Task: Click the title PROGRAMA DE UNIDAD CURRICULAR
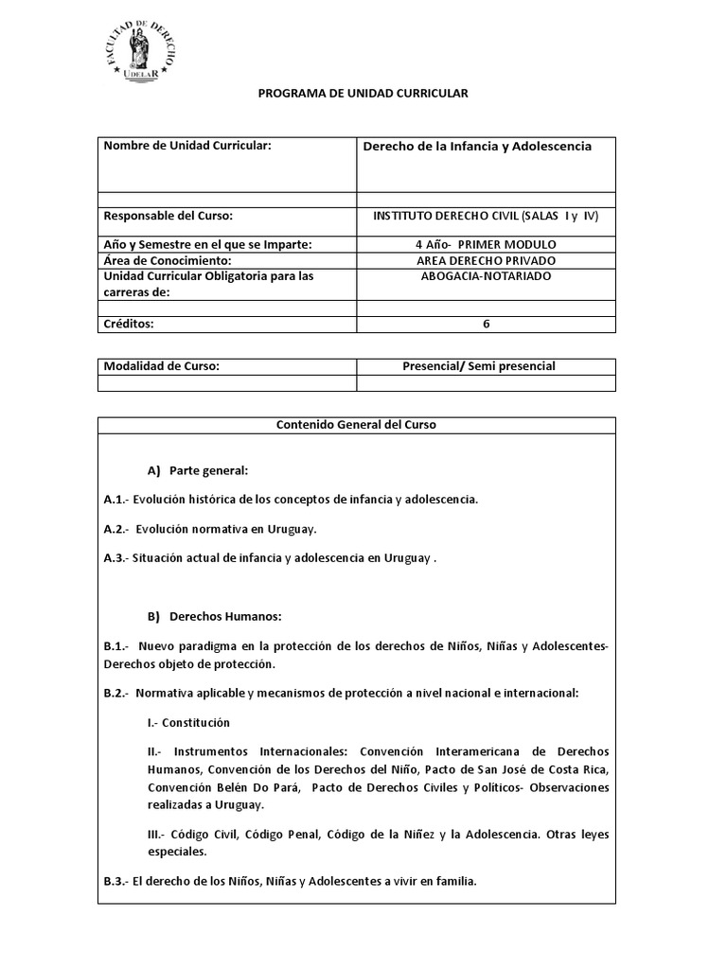point(363,94)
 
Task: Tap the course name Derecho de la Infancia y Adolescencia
point(478,146)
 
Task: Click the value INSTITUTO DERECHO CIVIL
point(486,216)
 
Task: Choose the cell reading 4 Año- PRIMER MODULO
point(486,244)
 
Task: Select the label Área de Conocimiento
point(168,260)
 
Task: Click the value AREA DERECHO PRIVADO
point(486,260)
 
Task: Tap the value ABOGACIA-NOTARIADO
point(486,276)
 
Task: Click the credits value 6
point(486,324)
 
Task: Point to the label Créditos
point(129,324)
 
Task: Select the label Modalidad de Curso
point(162,366)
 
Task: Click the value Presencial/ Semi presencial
point(486,366)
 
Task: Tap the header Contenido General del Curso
point(356,425)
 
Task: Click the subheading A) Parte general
point(197,470)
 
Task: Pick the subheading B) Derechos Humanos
point(214,616)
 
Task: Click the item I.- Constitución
point(188,722)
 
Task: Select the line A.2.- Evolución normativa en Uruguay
point(210,528)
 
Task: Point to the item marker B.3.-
point(115,881)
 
